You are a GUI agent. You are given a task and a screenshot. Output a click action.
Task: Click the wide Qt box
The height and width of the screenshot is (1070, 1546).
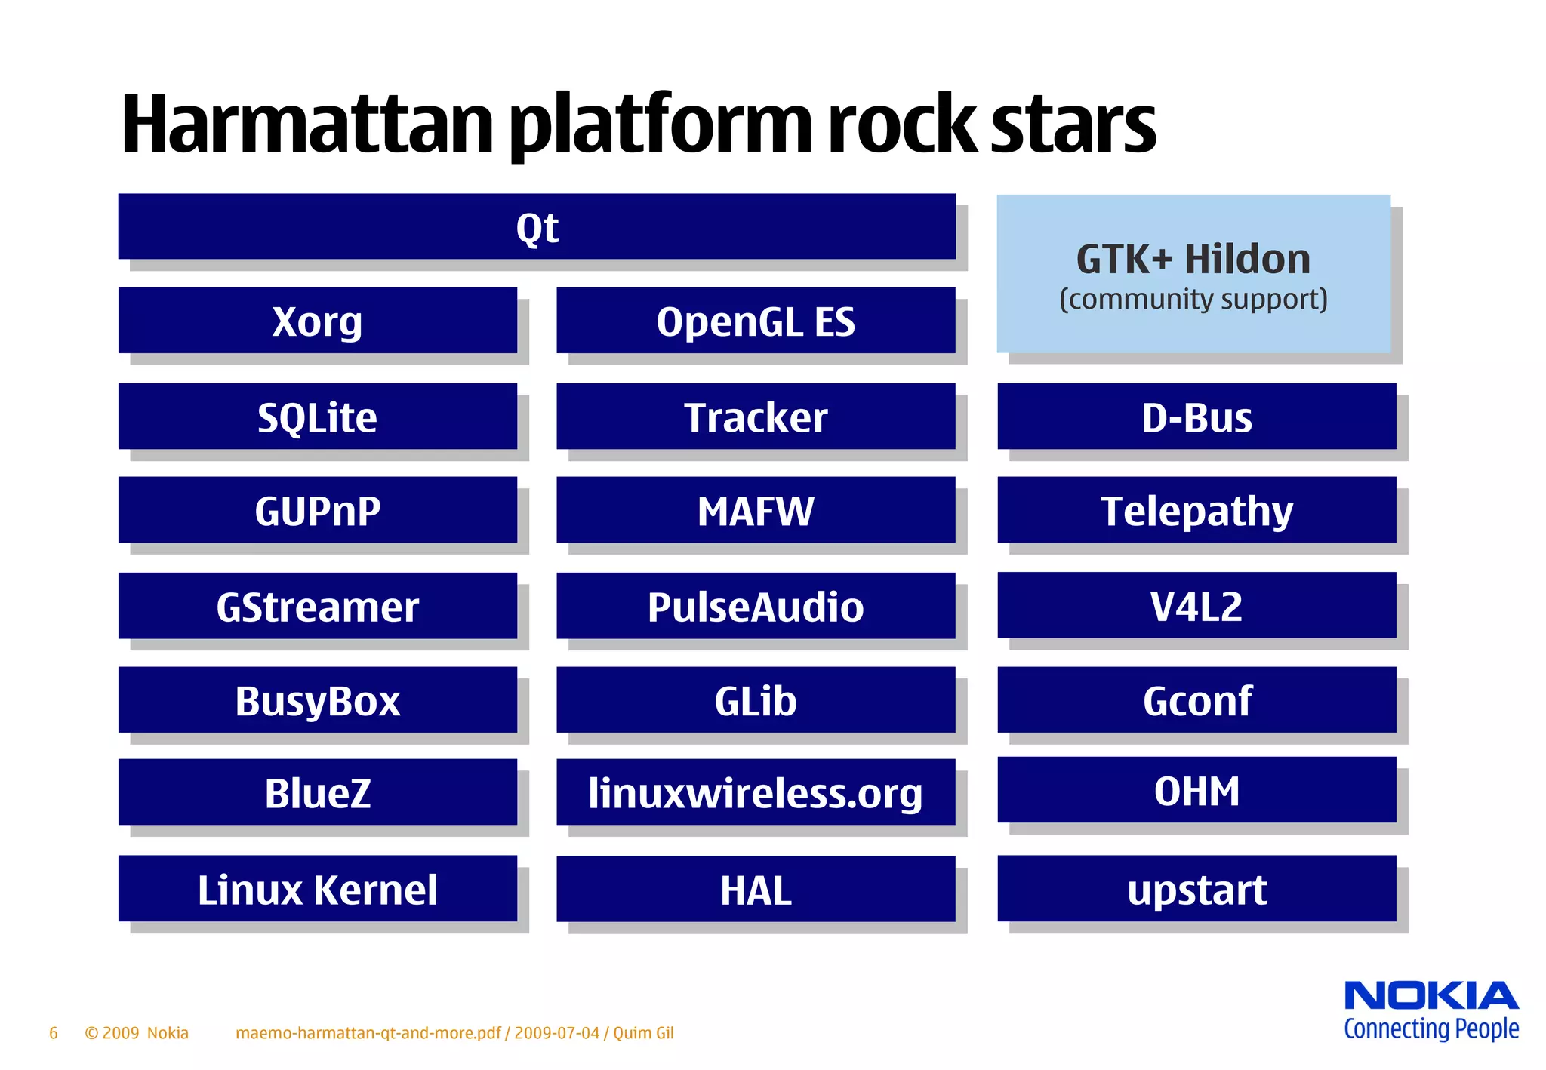coord(537,226)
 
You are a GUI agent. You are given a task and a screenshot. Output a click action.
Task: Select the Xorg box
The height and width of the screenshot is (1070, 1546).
coord(317,320)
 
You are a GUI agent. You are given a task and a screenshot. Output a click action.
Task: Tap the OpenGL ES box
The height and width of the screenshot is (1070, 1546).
coord(756,320)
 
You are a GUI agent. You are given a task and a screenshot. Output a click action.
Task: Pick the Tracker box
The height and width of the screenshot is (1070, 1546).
coord(756,417)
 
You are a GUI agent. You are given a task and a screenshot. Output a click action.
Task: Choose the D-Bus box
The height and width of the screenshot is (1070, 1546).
coord(1196,417)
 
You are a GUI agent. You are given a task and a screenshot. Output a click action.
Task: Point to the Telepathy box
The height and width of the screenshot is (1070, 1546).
coord(1196,509)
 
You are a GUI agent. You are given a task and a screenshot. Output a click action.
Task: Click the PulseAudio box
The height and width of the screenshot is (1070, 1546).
coord(756,605)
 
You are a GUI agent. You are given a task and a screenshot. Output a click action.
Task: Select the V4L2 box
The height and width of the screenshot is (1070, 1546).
coord(1196,605)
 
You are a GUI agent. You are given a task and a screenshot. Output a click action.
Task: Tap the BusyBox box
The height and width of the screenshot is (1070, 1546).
coord(317,699)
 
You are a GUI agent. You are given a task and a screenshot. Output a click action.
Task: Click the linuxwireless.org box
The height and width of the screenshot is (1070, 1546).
coord(756,792)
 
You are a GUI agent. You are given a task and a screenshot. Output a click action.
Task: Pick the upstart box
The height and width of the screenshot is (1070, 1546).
coord(1196,888)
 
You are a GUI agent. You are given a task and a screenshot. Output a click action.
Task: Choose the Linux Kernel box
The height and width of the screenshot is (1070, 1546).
coord(317,888)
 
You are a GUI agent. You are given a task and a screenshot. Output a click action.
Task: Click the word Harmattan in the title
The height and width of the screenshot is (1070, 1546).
coord(306,125)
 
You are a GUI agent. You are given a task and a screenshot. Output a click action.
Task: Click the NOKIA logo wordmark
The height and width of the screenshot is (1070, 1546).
coord(1431,996)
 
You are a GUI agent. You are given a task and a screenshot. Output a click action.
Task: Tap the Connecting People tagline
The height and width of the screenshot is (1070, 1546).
coord(1431,1029)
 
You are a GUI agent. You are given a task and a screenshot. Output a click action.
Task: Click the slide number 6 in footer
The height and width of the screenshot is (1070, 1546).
coord(54,1033)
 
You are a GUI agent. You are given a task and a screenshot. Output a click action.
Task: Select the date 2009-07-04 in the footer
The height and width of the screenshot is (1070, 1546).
coord(557,1033)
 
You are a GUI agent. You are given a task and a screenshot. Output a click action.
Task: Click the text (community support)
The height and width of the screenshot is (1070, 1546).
coord(1193,300)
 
